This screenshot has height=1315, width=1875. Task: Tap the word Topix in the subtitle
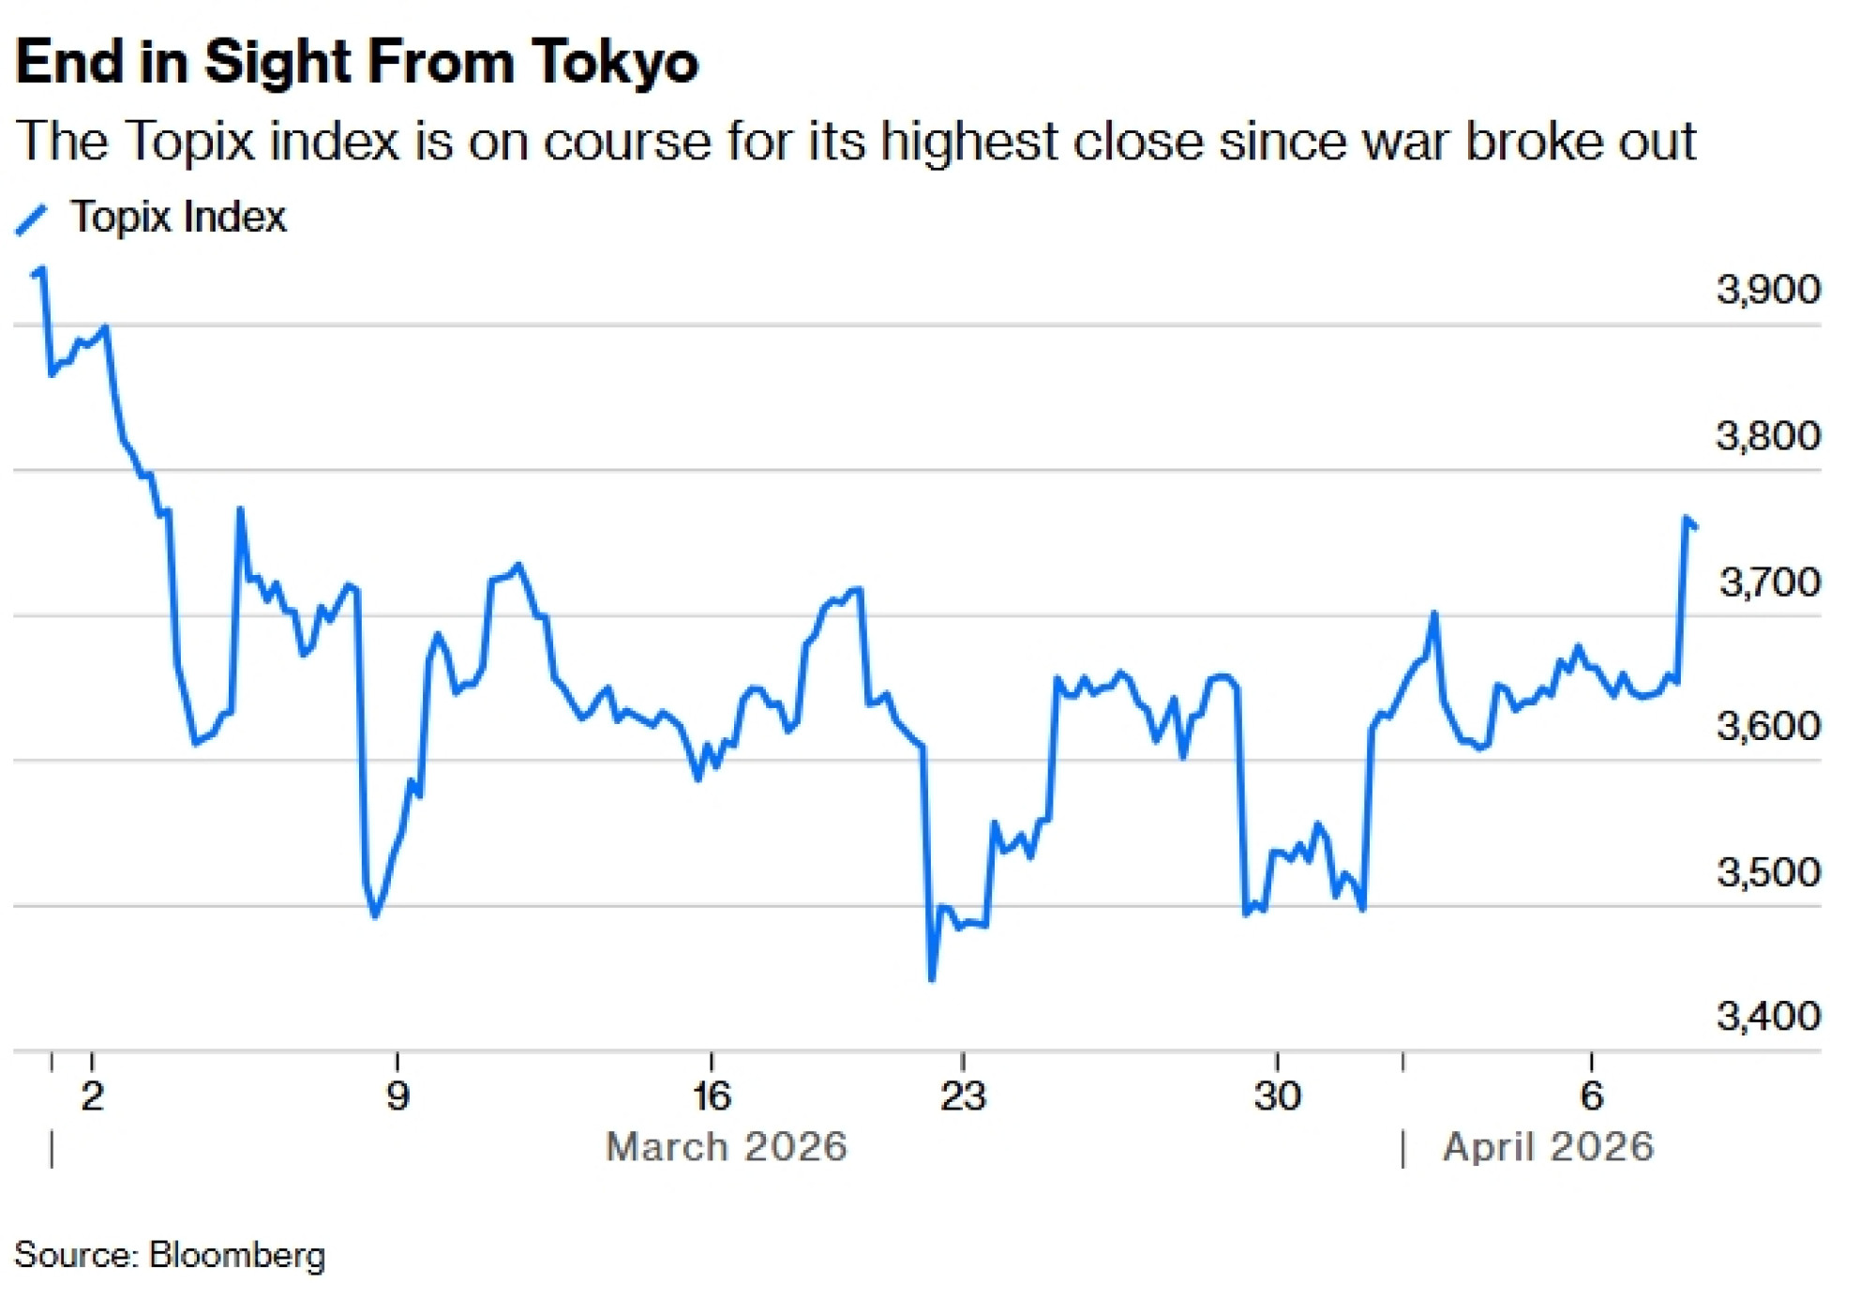(189, 142)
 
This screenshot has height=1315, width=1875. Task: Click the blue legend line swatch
(31, 219)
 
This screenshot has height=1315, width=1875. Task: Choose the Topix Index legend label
(178, 218)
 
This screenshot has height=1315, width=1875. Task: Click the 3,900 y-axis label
(1768, 289)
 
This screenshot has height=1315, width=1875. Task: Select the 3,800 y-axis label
(1768, 435)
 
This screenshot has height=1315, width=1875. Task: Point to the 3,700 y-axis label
(1768, 582)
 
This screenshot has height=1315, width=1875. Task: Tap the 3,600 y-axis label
(1768, 726)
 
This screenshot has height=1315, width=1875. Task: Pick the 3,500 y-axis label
(1768, 872)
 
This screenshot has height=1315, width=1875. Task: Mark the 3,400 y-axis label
(1768, 1016)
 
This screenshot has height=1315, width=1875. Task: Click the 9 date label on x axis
(397, 1096)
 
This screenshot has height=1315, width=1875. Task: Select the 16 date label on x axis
(712, 1096)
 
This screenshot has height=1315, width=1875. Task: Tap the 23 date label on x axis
(963, 1096)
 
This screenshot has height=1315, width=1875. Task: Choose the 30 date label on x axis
(1277, 1096)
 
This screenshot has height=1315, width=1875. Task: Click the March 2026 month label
(727, 1147)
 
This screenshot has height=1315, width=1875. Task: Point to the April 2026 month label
(1548, 1147)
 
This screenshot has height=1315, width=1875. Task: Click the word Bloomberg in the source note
(237, 1255)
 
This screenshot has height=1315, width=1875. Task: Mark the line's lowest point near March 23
(932, 979)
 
